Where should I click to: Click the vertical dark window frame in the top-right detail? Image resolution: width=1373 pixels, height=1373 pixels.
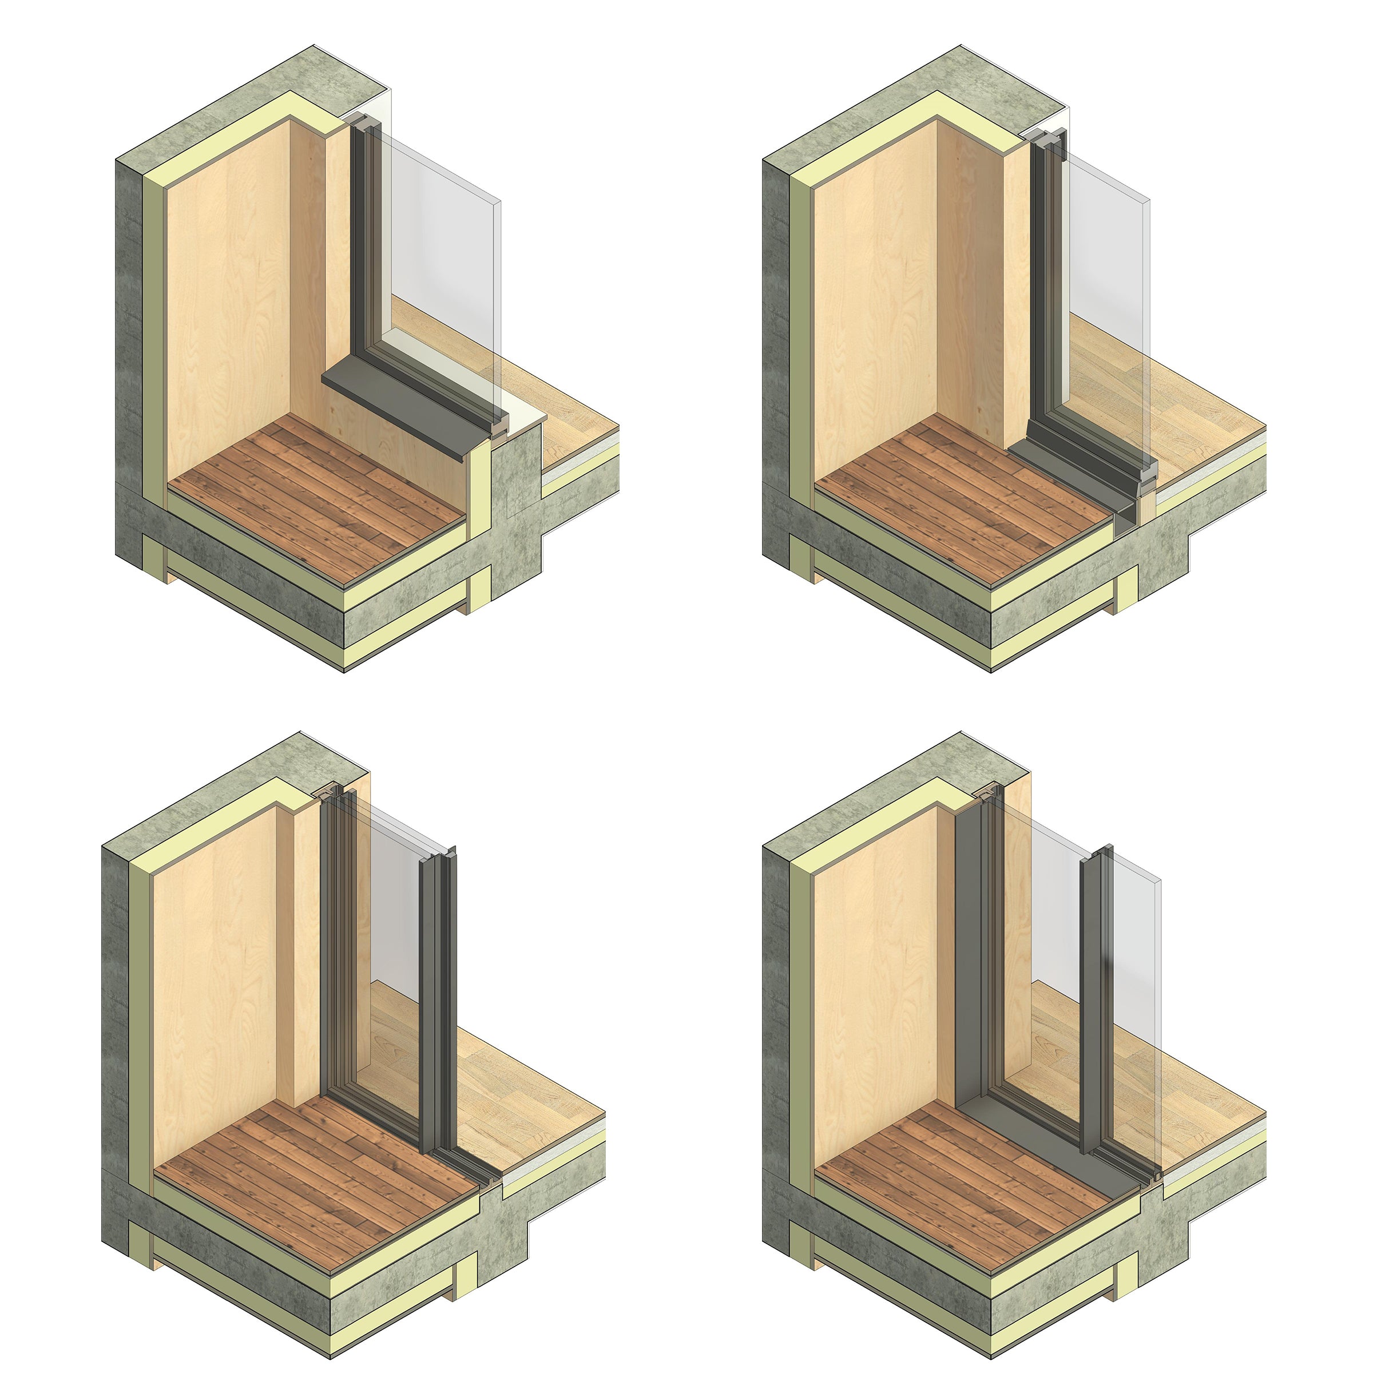click(1042, 284)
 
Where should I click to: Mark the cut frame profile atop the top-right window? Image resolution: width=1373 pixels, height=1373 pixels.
click(1052, 142)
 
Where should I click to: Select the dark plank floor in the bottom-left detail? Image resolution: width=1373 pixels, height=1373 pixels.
click(313, 1173)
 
